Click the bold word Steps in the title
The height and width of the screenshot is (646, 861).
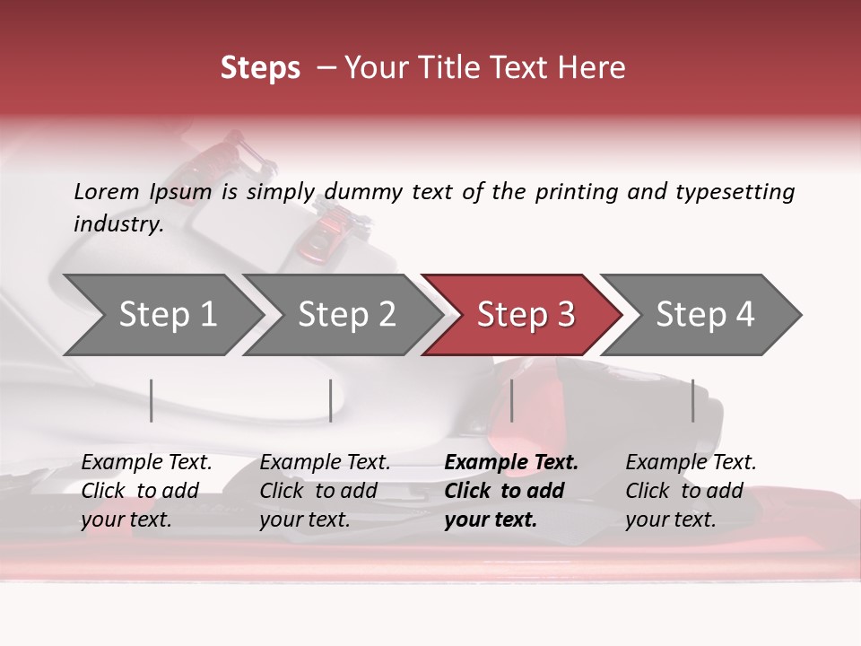[260, 68]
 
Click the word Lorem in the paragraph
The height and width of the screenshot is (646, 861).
[106, 192]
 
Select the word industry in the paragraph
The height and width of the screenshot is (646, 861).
[117, 224]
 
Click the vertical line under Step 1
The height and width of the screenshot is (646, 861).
[152, 400]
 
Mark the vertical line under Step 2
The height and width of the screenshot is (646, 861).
[331, 400]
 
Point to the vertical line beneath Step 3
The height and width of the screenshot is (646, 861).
[512, 400]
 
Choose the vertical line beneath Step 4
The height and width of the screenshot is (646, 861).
[693, 400]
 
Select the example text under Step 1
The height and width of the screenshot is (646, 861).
[145, 491]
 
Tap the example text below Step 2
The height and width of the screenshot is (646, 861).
[324, 491]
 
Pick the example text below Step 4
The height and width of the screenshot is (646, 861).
[690, 491]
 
